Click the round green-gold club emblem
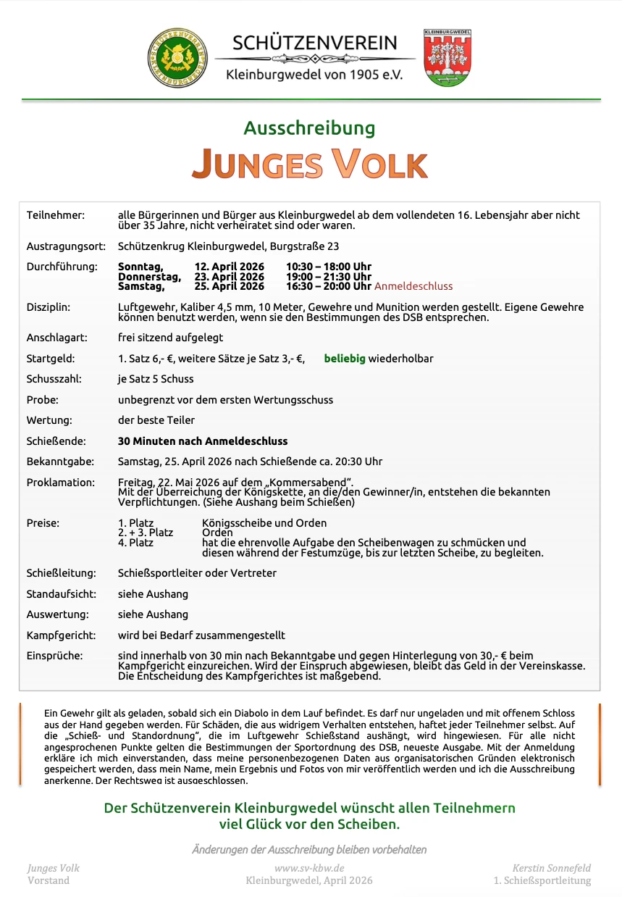[x=177, y=58]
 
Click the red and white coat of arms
[x=447, y=58]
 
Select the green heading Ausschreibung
[x=309, y=128]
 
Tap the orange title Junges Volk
[x=309, y=163]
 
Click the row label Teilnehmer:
[x=56, y=215]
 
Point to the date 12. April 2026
[x=230, y=267]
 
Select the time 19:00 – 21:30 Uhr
[x=329, y=277]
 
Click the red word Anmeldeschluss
[x=413, y=286]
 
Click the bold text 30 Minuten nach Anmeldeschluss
[x=203, y=441]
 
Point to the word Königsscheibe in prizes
[x=235, y=522]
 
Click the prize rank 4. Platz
[x=135, y=542]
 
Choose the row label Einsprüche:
[x=54, y=656]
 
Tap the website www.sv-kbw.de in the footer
[x=309, y=868]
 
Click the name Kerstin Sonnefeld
[x=552, y=868]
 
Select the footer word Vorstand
[x=49, y=880]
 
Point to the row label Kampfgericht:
[x=61, y=635]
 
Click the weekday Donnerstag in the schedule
[x=149, y=277]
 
